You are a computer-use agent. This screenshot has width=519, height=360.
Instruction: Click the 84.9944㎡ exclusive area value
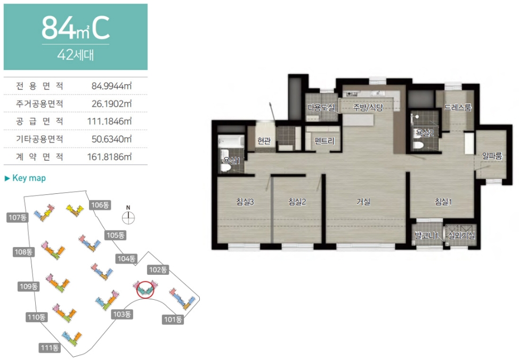[111, 86]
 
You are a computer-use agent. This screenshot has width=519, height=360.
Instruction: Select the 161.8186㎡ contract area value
[110, 157]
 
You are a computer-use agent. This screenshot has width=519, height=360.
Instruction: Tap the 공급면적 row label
[39, 121]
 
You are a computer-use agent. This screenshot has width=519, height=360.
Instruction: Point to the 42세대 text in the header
[76, 55]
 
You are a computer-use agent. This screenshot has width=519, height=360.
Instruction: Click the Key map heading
[25, 178]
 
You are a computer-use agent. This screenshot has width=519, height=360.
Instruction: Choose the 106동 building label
[100, 205]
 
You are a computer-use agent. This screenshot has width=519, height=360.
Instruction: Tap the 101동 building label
[173, 320]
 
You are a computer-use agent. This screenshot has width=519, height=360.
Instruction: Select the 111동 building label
[50, 347]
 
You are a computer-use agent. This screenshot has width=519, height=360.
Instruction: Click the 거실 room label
[363, 201]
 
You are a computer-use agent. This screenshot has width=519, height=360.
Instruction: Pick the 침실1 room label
[443, 201]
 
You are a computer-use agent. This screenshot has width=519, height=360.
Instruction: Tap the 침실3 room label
[245, 201]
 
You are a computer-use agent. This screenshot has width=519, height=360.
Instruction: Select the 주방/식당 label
[368, 107]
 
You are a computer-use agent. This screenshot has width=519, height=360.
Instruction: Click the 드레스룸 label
[458, 107]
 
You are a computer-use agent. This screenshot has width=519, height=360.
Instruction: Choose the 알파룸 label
[492, 156]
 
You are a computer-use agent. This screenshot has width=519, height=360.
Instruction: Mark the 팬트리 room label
[325, 141]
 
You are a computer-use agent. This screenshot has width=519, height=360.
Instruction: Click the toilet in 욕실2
[418, 145]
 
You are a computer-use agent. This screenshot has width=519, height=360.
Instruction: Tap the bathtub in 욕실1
[231, 142]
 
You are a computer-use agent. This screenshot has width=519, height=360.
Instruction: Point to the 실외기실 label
[461, 235]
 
